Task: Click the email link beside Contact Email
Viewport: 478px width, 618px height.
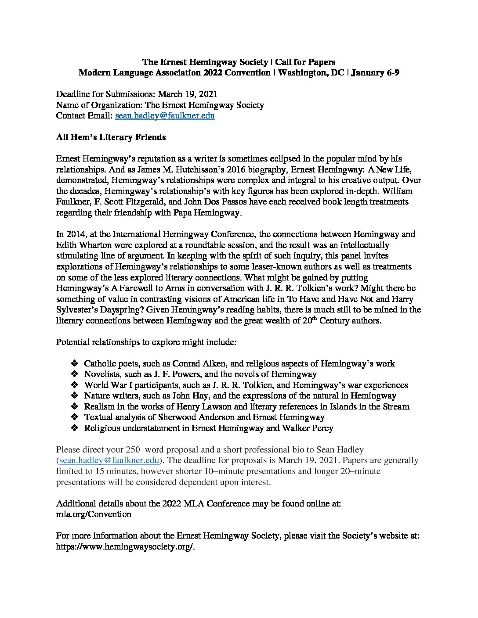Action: [165, 116]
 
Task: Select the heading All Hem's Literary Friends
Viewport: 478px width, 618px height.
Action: [111, 137]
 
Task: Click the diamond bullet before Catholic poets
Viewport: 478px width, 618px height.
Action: [74, 363]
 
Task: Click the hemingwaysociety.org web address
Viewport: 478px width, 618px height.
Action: [125, 546]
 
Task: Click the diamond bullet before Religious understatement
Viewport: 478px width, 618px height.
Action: [74, 428]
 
